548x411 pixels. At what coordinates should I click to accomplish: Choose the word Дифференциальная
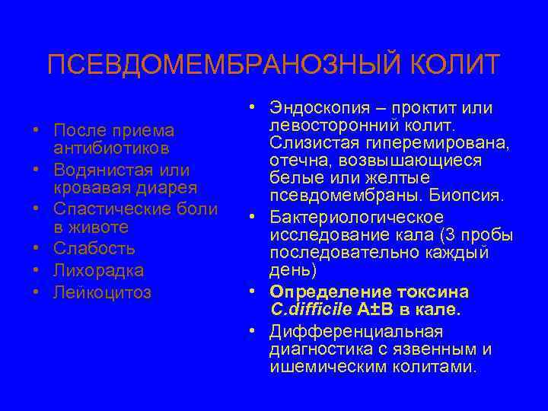pyautogui.click(x=354, y=332)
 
